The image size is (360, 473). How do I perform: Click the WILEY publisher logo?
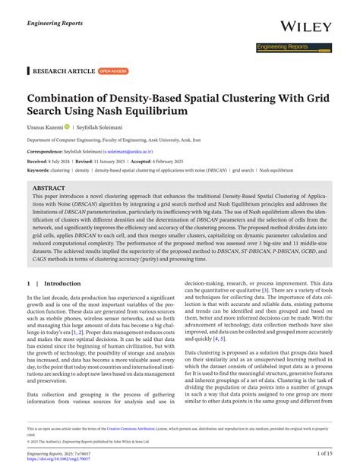[306, 27]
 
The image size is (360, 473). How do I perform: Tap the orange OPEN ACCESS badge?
[114, 71]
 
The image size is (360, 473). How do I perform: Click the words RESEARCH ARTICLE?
[65, 71]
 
